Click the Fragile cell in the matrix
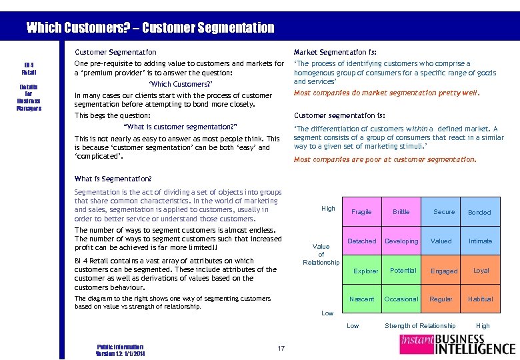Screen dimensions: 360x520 pyautogui.click(x=361, y=212)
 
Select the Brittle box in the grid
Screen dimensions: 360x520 pyautogui.click(x=401, y=212)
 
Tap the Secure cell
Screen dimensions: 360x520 pyautogui.click(x=443, y=212)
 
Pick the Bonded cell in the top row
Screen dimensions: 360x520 pyautogui.click(x=479, y=212)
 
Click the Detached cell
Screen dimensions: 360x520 pyautogui.click(x=361, y=241)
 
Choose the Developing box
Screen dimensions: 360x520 pyautogui.click(x=401, y=241)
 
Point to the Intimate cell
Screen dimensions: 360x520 pyautogui.click(x=480, y=241)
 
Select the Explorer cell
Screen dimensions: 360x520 pyautogui.click(x=365, y=271)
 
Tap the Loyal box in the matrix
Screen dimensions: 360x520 pyautogui.click(x=481, y=271)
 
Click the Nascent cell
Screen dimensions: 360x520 pyautogui.click(x=361, y=299)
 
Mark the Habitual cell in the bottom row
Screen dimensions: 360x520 pyautogui.click(x=480, y=299)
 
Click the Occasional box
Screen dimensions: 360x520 pyautogui.click(x=401, y=299)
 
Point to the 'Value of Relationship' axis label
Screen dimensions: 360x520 pyautogui.click(x=321, y=254)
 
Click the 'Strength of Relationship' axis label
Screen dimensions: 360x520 pyautogui.click(x=420, y=326)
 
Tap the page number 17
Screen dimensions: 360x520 pyautogui.click(x=281, y=348)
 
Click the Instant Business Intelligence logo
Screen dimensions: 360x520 pyautogui.click(x=457, y=344)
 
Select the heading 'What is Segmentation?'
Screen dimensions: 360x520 pyautogui.click(x=113, y=179)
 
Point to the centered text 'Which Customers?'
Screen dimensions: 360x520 pyautogui.click(x=181, y=85)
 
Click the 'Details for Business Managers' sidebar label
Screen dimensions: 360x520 pyautogui.click(x=29, y=97)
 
